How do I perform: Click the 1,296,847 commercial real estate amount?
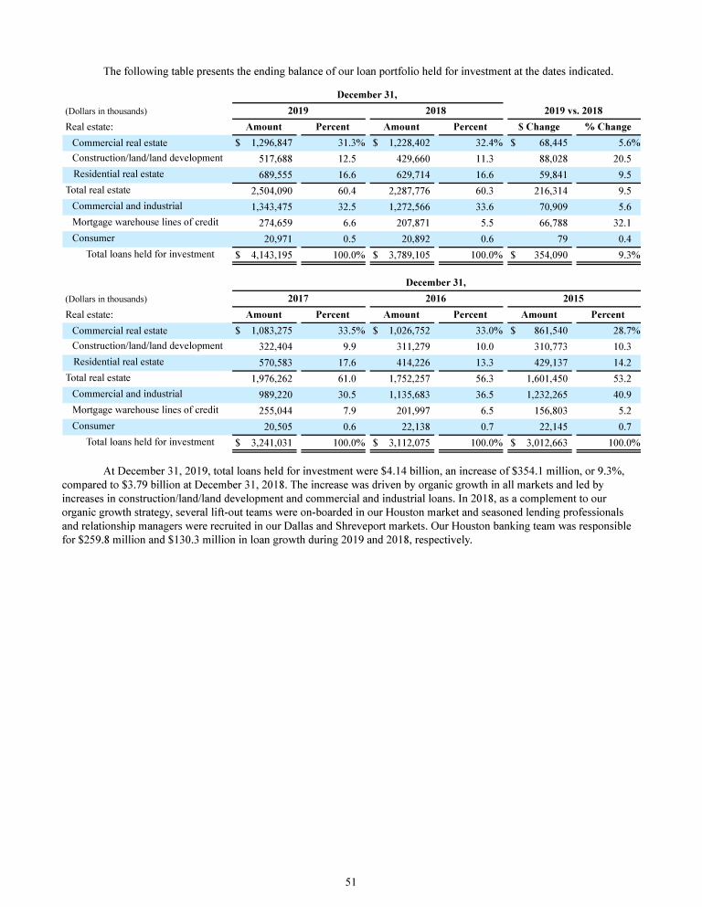[x=271, y=143]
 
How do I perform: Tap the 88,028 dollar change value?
[x=545, y=158]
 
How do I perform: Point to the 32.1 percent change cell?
[x=629, y=222]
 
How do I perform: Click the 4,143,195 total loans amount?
[x=271, y=255]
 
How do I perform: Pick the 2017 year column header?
[x=297, y=298]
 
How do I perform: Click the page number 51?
[x=350, y=881]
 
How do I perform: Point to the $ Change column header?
[x=539, y=127]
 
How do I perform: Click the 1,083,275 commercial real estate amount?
[x=271, y=331]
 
